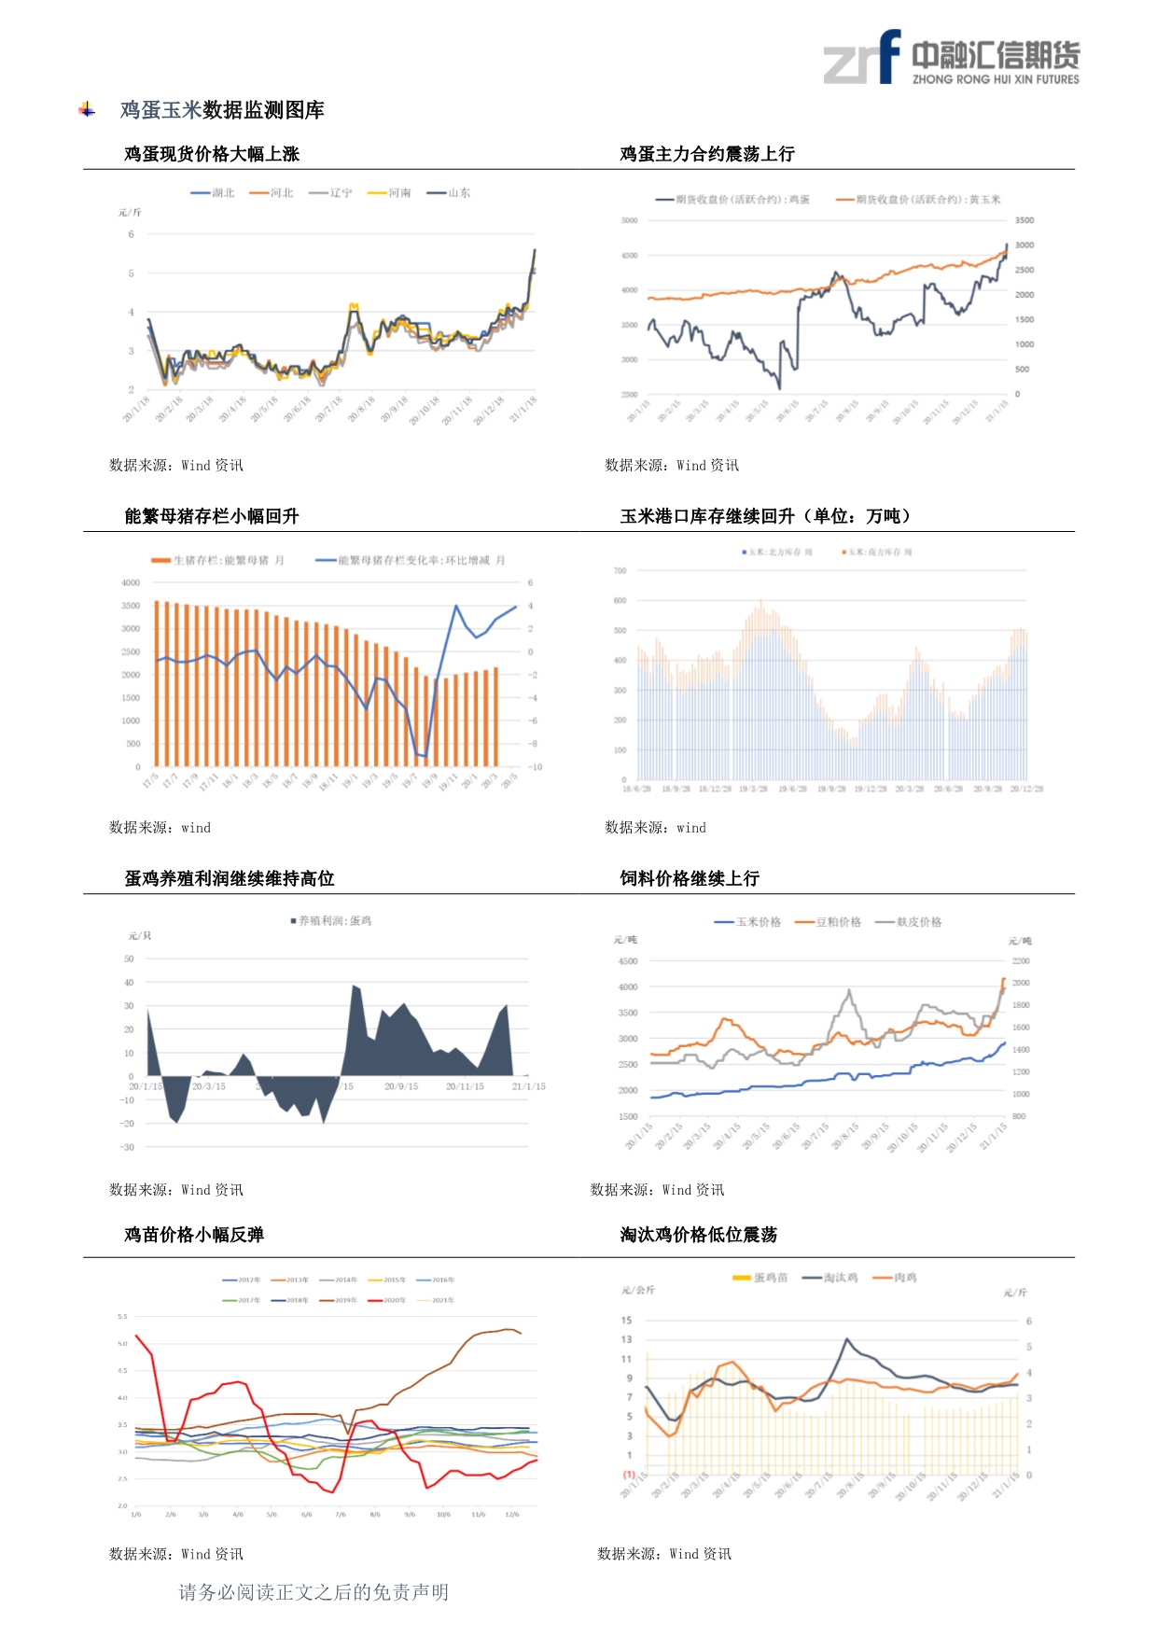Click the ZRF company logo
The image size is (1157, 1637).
pyautogui.click(x=951, y=58)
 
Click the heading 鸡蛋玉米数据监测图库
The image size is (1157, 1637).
pyautogui.click(x=222, y=110)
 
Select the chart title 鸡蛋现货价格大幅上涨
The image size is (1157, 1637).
pyautogui.click(x=212, y=154)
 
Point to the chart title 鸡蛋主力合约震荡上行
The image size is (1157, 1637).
pyautogui.click(x=707, y=154)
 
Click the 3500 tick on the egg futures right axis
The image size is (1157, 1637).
pyautogui.click(x=1025, y=220)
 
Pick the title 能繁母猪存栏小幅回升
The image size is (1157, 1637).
pyautogui.click(x=212, y=516)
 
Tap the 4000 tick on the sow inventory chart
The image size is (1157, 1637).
pyautogui.click(x=131, y=582)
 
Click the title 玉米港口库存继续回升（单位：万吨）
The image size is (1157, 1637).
pyautogui.click(x=765, y=516)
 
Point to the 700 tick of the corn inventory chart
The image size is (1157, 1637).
pyautogui.click(x=620, y=570)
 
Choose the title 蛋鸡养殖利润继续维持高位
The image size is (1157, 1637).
pyautogui.click(x=230, y=878)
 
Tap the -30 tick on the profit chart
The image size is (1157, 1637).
pyautogui.click(x=127, y=1147)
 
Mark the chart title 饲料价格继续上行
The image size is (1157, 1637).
pyautogui.click(x=690, y=878)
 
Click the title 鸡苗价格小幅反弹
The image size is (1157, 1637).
pyautogui.click(x=194, y=1235)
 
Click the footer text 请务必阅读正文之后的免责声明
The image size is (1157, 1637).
pyautogui.click(x=314, y=1592)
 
